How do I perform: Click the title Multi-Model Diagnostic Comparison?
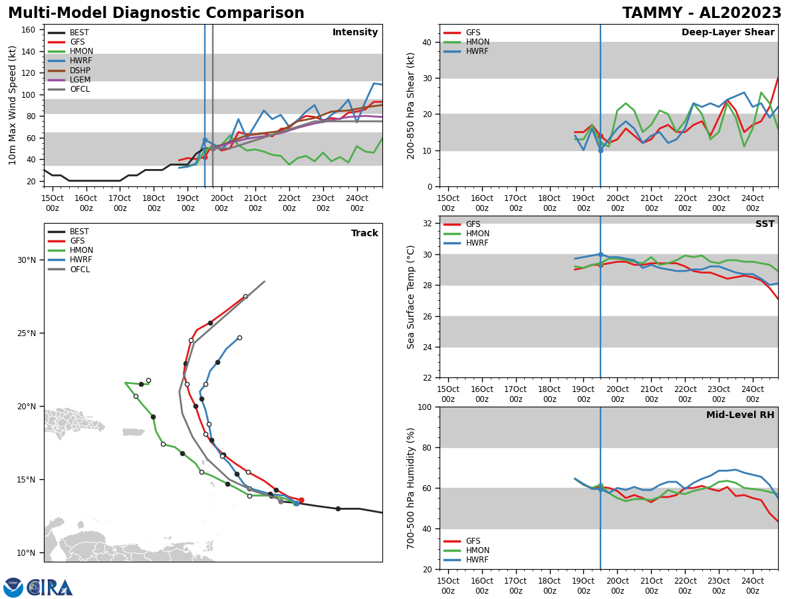[156, 13]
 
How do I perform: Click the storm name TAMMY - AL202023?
[702, 13]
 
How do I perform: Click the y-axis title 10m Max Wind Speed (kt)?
[13, 105]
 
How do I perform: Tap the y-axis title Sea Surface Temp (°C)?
[411, 297]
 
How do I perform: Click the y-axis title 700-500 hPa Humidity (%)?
[411, 488]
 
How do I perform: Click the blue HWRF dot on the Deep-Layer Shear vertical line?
[600, 150]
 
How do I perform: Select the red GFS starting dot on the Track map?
[301, 500]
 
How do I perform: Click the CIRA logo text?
[50, 587]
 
